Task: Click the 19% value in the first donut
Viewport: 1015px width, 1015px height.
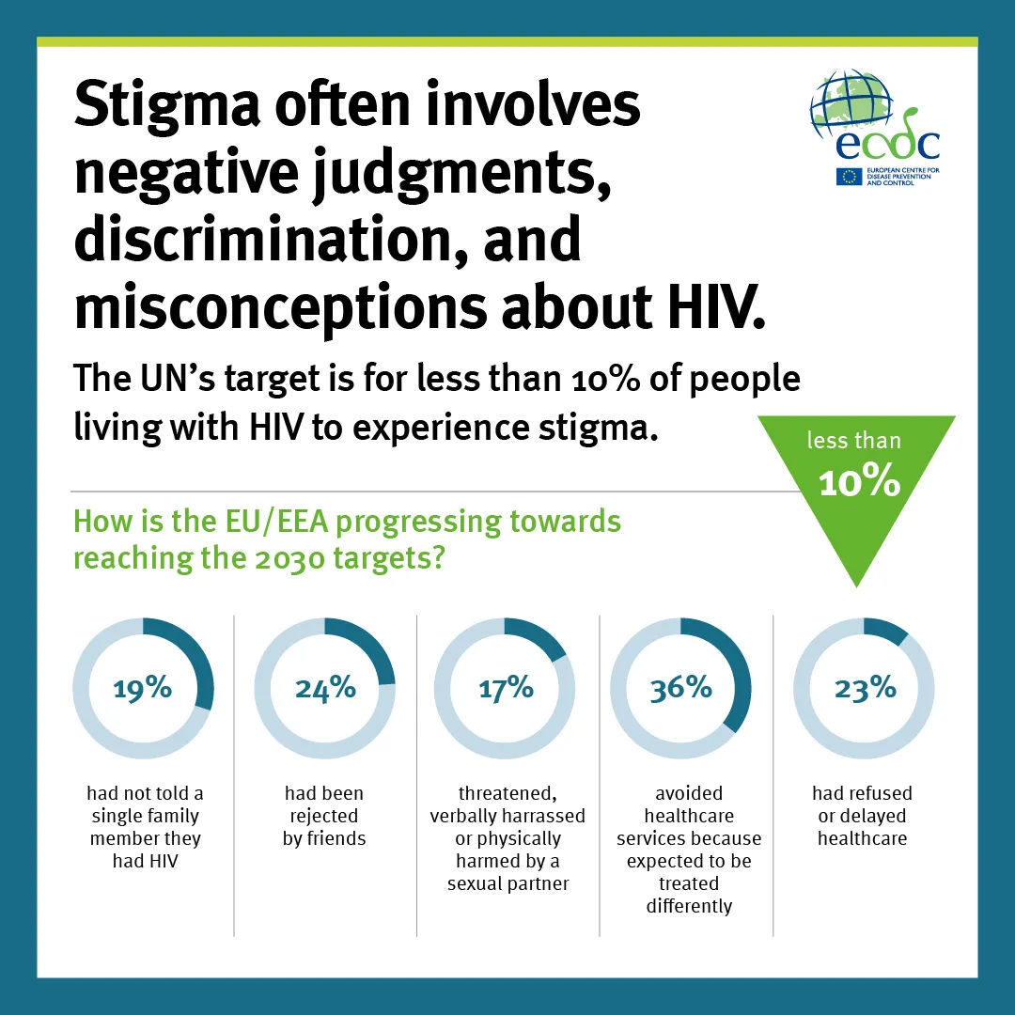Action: point(143,688)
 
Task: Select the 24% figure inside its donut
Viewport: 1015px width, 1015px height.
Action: point(325,688)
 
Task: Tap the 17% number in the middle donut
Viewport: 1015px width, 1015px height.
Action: point(506,688)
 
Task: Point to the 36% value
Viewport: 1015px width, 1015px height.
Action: point(681,688)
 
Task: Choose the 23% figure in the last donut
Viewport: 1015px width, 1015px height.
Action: point(866,688)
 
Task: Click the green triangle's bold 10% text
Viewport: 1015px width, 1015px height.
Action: point(859,481)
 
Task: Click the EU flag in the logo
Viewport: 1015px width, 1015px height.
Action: point(850,176)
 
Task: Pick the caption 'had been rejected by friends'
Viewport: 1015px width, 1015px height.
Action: point(324,816)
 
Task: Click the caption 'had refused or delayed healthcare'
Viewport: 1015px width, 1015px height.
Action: point(862,816)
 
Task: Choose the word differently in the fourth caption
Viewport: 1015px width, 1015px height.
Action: point(689,906)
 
